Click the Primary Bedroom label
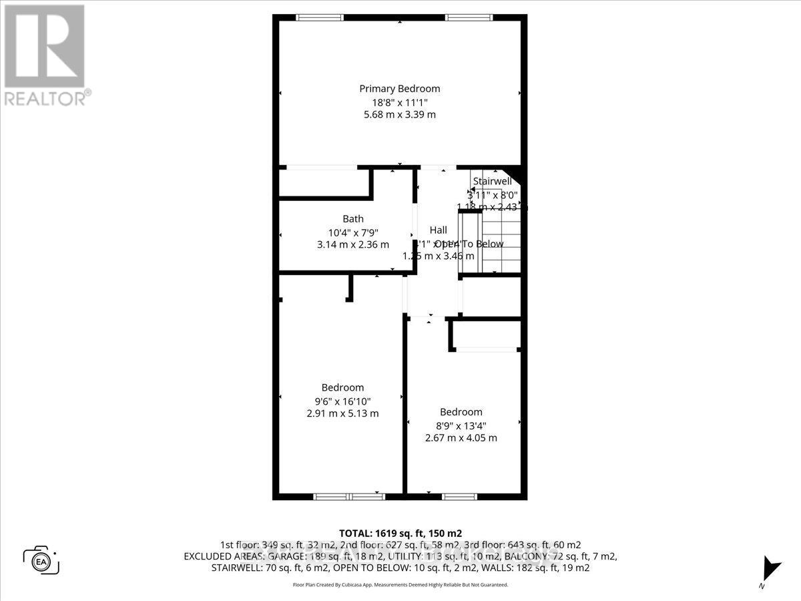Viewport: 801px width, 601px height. [x=400, y=88]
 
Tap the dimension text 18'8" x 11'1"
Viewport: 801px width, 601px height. [x=400, y=102]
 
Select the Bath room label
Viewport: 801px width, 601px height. [x=353, y=218]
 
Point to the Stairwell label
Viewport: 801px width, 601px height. [x=493, y=181]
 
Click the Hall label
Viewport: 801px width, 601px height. [x=439, y=230]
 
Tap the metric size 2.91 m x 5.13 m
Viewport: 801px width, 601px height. [x=342, y=413]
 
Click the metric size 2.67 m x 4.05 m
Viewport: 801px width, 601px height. [x=461, y=438]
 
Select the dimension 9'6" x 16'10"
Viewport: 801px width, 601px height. [x=342, y=401]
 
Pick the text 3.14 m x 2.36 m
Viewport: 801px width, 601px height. [x=353, y=244]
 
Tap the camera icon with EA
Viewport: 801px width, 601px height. [x=41, y=560]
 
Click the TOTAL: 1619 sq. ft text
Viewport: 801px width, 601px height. [x=400, y=534]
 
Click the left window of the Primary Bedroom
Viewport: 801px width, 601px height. [x=316, y=17]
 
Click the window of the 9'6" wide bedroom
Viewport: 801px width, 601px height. [x=346, y=496]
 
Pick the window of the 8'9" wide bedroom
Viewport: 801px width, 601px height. [x=460, y=496]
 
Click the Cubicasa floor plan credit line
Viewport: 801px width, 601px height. [x=400, y=584]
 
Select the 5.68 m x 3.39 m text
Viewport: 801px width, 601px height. [x=400, y=114]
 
